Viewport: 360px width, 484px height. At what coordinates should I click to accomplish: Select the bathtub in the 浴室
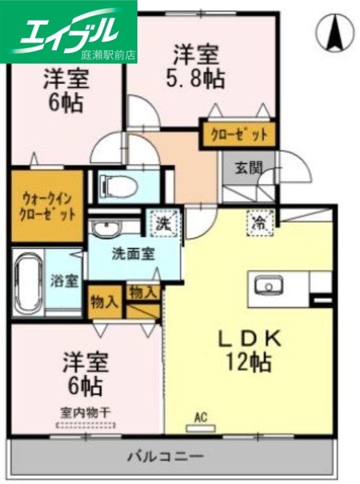point(28,281)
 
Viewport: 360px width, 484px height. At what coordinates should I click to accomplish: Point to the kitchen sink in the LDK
point(266,285)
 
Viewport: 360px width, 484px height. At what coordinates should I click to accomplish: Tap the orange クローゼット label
point(238,135)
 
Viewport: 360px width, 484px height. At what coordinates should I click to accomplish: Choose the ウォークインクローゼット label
point(46,206)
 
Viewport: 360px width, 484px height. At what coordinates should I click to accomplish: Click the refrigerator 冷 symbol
point(261,223)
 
